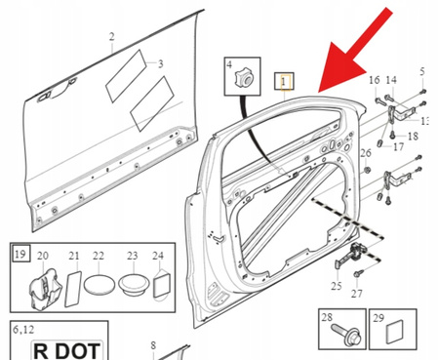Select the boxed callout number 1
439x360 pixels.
tap(285, 82)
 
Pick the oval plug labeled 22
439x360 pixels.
tap(100, 287)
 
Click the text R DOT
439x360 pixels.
tap(66, 350)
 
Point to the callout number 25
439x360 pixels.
tap(337, 286)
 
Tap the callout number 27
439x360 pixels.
tap(356, 292)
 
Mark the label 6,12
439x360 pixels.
tap(22, 329)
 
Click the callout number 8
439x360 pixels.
tap(153, 345)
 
